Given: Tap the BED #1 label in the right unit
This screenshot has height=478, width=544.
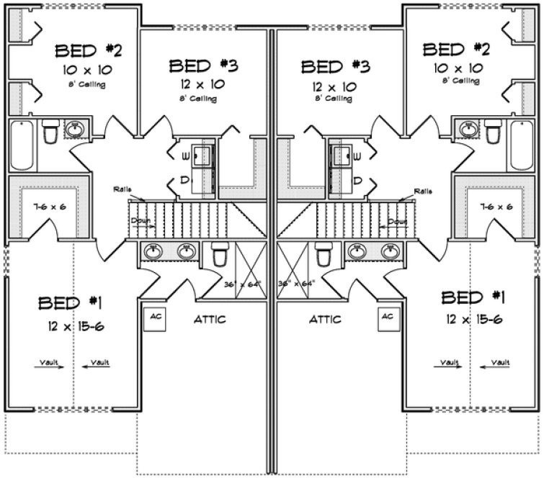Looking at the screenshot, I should click(x=473, y=297).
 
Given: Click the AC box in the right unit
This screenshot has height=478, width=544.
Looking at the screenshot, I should click(x=387, y=317).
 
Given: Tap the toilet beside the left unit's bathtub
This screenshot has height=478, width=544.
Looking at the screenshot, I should click(x=50, y=133).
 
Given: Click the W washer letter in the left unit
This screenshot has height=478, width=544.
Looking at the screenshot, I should click(x=185, y=156).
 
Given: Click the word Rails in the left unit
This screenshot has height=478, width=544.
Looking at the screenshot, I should click(x=122, y=189).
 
